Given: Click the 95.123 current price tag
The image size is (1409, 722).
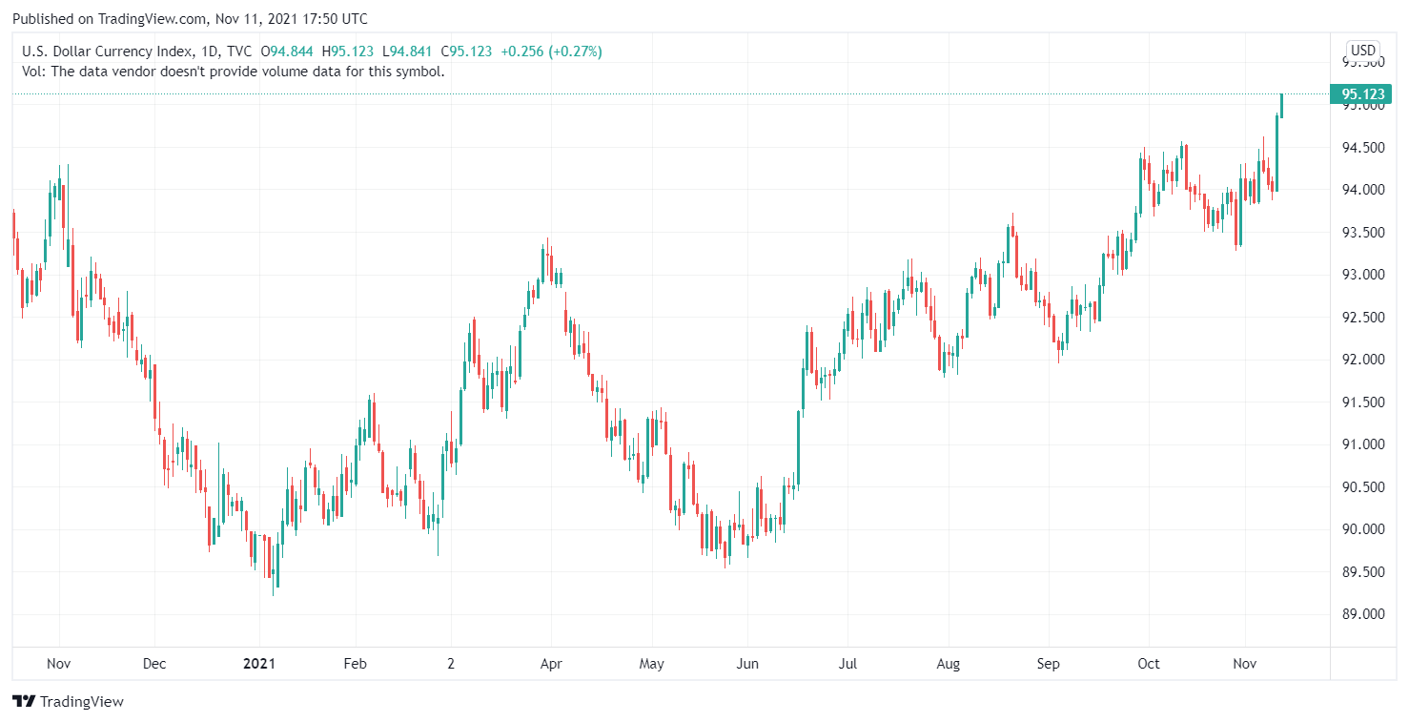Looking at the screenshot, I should coord(1362,93).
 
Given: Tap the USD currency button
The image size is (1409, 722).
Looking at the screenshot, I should coord(1362,51).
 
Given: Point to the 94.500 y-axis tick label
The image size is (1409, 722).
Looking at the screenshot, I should coord(1362,148).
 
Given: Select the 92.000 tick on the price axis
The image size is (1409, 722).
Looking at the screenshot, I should coord(1362,360).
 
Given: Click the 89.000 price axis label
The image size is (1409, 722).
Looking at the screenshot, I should coord(1362,614).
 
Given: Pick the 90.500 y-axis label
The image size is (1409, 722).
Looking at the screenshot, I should coord(1362,487).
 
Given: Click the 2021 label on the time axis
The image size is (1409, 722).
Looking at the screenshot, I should coord(259,664).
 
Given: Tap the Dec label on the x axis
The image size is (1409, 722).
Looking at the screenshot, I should coord(153,664).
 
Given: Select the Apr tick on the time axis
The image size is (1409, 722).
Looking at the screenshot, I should coord(550,664).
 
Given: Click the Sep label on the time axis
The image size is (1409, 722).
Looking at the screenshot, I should coord(1049,664).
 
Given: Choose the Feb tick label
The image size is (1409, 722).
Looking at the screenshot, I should coord(355,664).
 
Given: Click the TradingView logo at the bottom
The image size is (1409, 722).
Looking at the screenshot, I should coord(69,702).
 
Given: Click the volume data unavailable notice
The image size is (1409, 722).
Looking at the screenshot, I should coord(233,71).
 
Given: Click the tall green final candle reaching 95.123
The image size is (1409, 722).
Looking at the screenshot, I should coord(1276,153).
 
